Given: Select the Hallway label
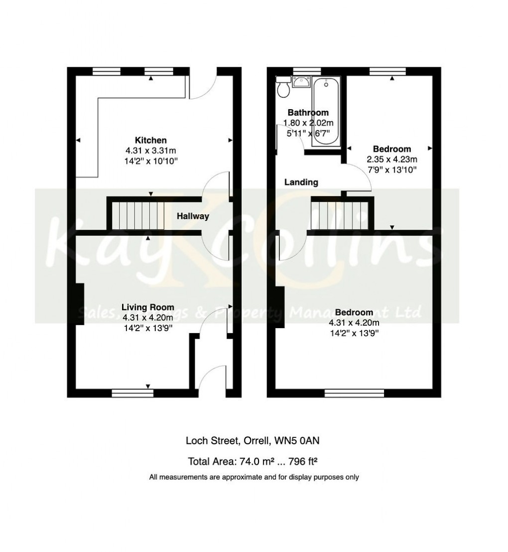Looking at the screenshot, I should point(193,216).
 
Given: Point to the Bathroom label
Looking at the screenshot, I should point(308,113).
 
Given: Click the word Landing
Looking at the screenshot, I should point(301,183).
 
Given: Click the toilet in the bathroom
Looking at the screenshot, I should point(284,89).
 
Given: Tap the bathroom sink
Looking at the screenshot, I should point(301,82).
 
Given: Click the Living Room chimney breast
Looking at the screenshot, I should point(79,305).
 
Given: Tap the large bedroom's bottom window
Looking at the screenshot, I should point(354,393).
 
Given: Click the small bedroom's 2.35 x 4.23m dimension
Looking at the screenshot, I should point(392,160).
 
